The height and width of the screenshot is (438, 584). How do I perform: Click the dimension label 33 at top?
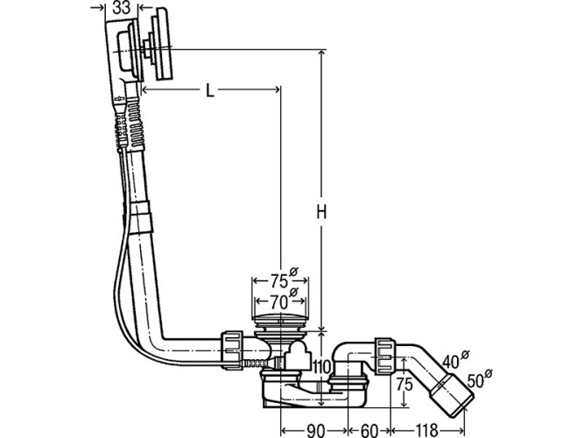(123, 8)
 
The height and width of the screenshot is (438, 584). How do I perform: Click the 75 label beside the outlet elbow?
(405, 384)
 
